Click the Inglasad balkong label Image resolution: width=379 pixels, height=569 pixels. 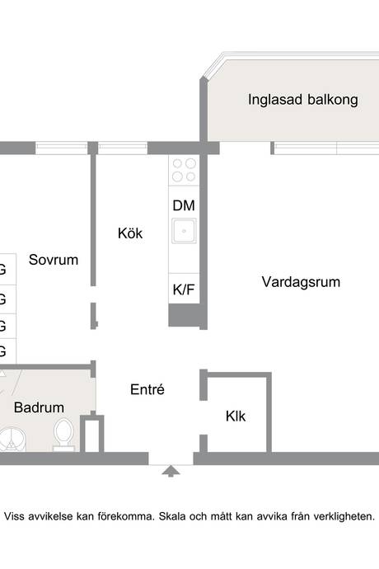pyautogui.click(x=303, y=100)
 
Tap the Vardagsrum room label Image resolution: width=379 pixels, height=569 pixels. pyautogui.click(x=301, y=282)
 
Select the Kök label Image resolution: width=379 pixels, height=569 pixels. pyautogui.click(x=130, y=233)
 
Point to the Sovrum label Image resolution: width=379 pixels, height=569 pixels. pyautogui.click(x=54, y=260)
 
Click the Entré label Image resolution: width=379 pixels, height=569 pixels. pyautogui.click(x=147, y=389)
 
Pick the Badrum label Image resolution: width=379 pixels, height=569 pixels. pyautogui.click(x=40, y=407)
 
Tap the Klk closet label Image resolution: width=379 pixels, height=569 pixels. pyautogui.click(x=236, y=416)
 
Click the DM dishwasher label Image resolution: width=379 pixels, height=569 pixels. pyautogui.click(x=184, y=206)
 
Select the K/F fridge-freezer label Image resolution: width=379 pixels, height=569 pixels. pyautogui.click(x=184, y=289)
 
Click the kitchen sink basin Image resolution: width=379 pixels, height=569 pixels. pyautogui.click(x=184, y=231)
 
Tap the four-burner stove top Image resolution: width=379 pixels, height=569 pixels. pyautogui.click(x=184, y=170)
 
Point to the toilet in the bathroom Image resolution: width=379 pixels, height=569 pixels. pyautogui.click(x=63, y=435)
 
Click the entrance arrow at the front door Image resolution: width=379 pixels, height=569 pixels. pyautogui.click(x=171, y=471)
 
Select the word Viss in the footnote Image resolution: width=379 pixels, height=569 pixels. pyautogui.click(x=14, y=516)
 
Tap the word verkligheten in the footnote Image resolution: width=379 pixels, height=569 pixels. pyautogui.click(x=344, y=516)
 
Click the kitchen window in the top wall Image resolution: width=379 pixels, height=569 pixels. pyautogui.click(x=123, y=148)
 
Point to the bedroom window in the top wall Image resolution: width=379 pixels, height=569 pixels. pyautogui.click(x=61, y=148)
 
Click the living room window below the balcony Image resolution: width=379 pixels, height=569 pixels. pyautogui.click(x=326, y=148)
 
